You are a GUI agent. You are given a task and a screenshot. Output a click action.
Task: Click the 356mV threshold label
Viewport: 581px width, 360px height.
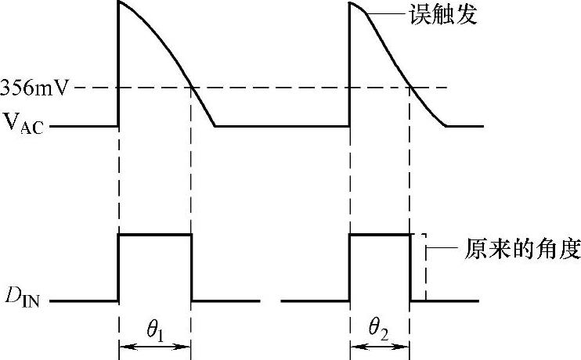37,88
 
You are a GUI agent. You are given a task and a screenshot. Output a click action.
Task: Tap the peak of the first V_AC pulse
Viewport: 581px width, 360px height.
119,2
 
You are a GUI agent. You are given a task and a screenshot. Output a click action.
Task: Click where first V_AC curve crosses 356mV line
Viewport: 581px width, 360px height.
191,87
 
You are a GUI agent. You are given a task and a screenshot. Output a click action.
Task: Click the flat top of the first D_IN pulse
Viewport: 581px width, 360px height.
154,234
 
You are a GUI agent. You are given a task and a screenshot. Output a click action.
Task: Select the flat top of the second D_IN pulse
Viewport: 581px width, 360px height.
380,234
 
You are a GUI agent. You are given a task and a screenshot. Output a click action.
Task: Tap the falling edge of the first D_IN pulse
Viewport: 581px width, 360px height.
192,267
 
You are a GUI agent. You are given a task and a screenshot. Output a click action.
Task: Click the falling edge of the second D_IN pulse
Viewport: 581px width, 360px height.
410,267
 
